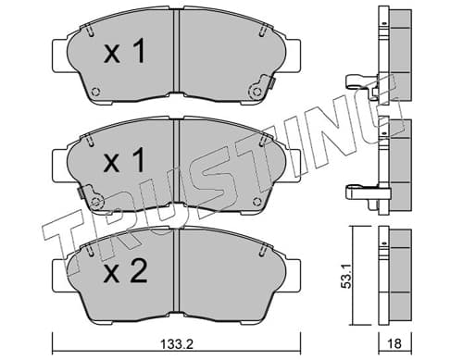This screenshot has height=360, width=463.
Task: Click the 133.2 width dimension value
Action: (x=177, y=343)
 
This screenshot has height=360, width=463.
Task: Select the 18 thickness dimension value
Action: (x=394, y=343)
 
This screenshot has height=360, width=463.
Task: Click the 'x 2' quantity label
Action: (x=125, y=271)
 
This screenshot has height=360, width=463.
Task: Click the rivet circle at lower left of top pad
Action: (x=96, y=92)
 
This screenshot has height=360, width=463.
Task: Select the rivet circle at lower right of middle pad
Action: (x=257, y=202)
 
